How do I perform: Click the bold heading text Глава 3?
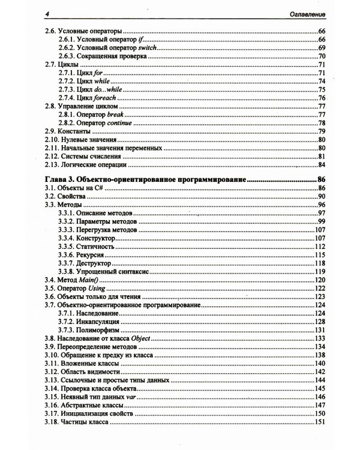coord(61,179)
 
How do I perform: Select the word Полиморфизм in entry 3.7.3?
coord(100,330)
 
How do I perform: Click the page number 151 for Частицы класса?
coord(319,422)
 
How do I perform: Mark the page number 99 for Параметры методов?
coord(321,222)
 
